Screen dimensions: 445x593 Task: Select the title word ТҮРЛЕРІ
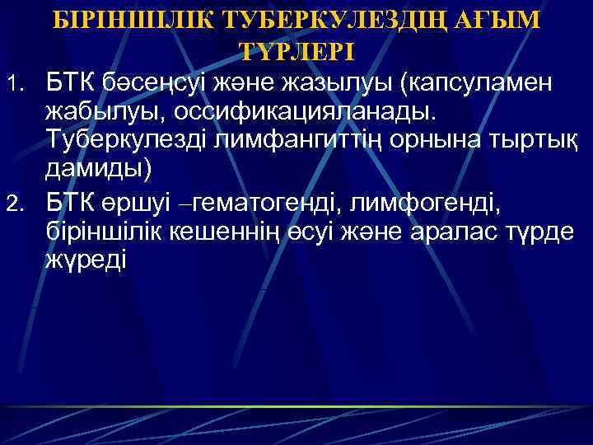click(x=296, y=51)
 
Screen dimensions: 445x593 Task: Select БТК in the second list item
click(x=72, y=201)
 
